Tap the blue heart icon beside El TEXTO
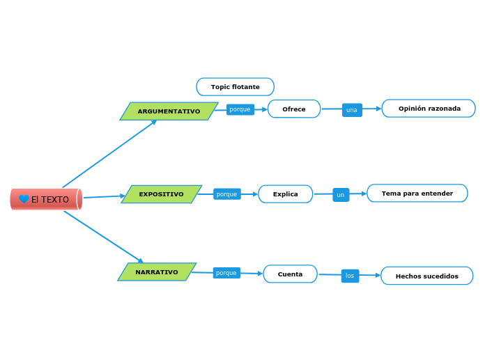pos(24,199)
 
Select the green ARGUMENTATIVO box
pos(169,111)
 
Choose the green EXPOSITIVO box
pos(162,194)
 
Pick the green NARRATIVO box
pos(157,272)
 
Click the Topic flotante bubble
pos(235,87)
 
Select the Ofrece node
pos(293,109)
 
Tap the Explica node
pos(285,194)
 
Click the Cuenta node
pos(290,274)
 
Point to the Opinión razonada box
pos(429,109)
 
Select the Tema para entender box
pos(417,194)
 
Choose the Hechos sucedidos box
pos(426,276)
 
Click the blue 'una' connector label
pos(352,110)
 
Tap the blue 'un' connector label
pos(341,195)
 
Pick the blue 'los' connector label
pos(350,276)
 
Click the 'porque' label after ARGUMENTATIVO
pos(240,109)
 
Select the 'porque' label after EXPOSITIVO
pos(226,194)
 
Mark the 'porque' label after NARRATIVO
pos(226,273)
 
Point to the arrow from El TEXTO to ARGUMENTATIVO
pos(109,154)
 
